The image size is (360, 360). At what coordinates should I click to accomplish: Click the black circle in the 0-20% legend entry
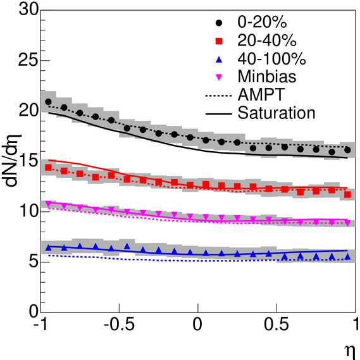(219, 23)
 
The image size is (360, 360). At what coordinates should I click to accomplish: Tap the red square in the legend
(219, 41)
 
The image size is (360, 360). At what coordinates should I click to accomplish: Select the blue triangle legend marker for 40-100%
(219, 59)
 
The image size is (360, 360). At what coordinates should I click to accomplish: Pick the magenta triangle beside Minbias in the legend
(219, 77)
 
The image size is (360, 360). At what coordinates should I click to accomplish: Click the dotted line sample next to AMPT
(218, 96)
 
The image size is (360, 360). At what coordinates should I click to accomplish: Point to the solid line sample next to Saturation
(218, 114)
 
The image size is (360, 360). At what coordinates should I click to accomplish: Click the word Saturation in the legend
(276, 113)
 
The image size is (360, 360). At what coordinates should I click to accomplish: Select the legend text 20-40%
(267, 40)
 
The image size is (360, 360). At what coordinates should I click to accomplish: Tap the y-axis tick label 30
(28, 9)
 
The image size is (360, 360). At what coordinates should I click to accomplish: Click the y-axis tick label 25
(28, 60)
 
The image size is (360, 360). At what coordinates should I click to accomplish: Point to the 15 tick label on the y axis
(28, 161)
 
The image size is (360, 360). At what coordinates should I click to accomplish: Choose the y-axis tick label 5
(34, 261)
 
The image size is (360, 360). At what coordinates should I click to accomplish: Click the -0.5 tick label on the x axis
(119, 325)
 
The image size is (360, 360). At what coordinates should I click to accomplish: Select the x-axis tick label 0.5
(276, 325)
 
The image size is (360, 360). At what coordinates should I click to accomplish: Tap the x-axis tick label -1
(41, 325)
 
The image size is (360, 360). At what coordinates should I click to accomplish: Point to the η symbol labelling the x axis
(350, 352)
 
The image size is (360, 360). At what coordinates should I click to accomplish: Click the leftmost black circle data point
(49, 101)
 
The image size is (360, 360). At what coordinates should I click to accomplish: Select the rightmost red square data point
(347, 195)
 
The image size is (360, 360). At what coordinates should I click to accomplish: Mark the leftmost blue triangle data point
(49, 247)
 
